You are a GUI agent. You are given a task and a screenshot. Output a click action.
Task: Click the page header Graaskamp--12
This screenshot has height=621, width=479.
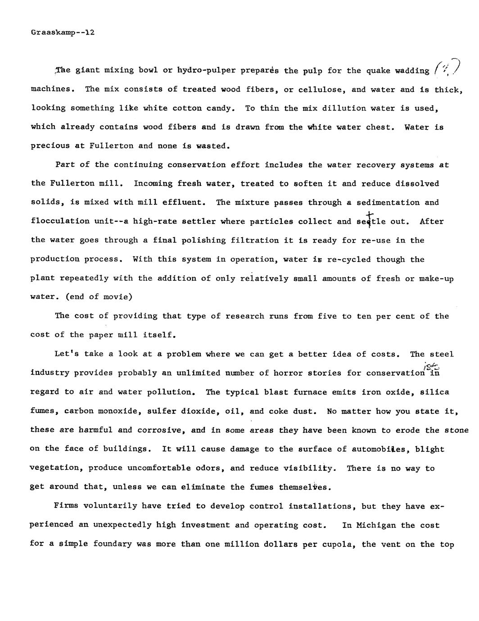[x=63, y=32]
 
